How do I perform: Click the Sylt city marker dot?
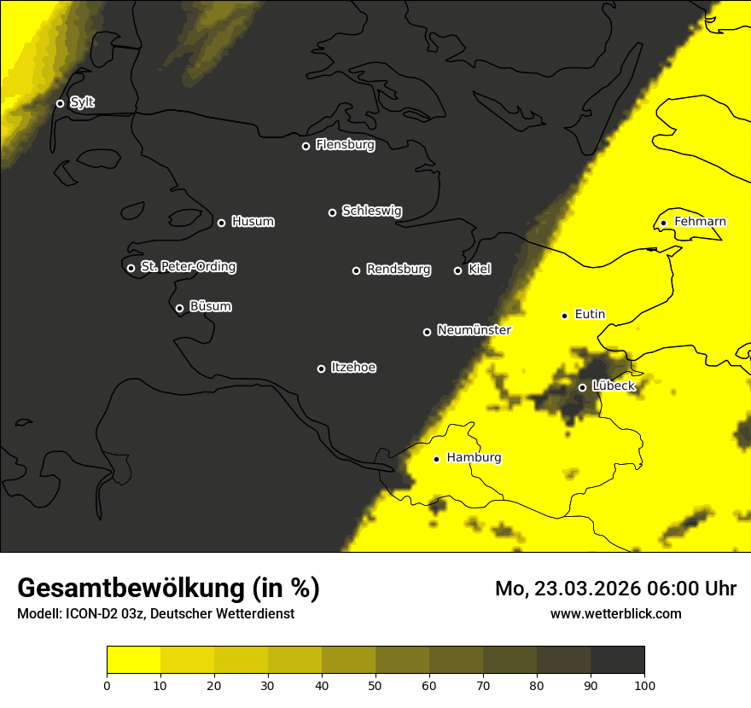point(60,103)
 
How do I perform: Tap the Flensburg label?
point(345,145)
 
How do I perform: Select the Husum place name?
point(253,222)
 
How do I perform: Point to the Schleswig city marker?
point(332,212)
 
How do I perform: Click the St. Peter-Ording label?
point(188,267)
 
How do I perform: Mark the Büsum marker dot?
point(179,309)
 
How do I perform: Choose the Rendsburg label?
point(399,270)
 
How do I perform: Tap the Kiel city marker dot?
point(457,270)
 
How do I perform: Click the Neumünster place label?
point(474,330)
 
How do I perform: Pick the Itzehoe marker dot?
point(321,369)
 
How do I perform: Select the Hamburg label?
point(474,458)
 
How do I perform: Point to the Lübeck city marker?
point(582,387)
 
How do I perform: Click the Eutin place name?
point(590,315)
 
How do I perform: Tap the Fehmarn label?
point(700,222)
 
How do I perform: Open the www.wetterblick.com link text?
point(615,613)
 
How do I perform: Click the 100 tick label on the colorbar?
point(644,684)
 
